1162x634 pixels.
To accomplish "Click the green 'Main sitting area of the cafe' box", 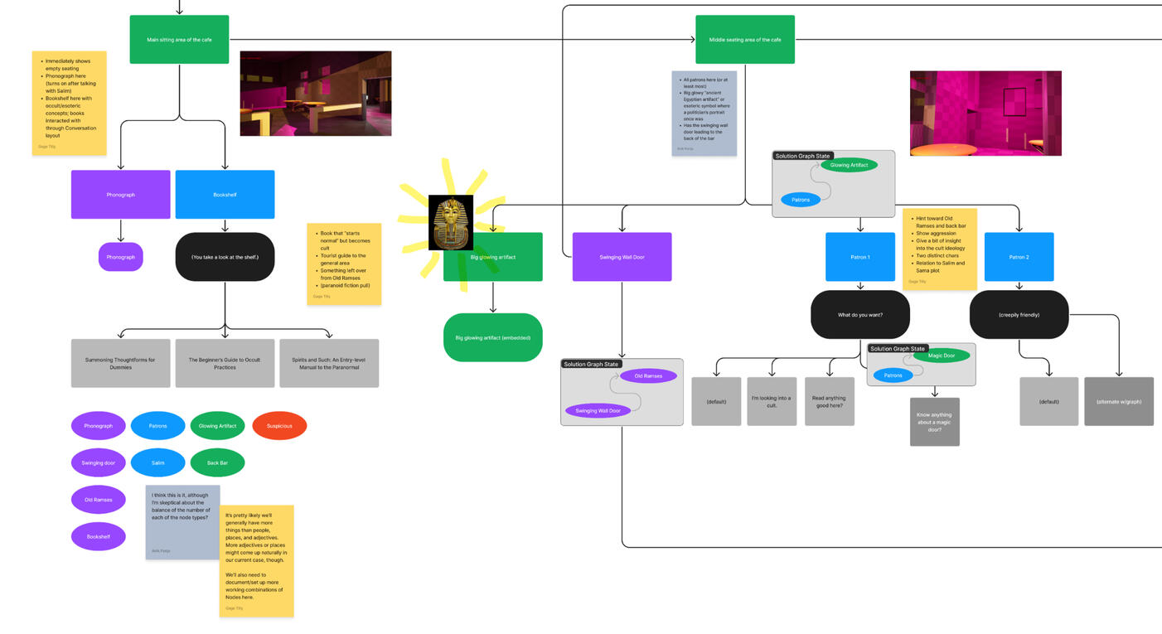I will click(x=179, y=39).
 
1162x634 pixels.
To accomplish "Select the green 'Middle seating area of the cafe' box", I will click(x=744, y=39).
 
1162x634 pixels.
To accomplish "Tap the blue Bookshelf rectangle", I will click(x=225, y=195).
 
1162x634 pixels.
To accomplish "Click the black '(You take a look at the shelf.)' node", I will click(x=225, y=257).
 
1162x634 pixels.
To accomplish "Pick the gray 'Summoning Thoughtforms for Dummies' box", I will click(x=120, y=363).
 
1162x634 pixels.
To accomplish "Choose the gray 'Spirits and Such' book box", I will click(x=329, y=363).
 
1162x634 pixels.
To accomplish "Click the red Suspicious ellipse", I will click(x=279, y=426).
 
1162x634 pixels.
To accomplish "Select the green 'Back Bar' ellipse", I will click(x=217, y=462).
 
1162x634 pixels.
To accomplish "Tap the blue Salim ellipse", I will click(x=157, y=462).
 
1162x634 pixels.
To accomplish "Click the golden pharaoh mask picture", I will click(x=451, y=222).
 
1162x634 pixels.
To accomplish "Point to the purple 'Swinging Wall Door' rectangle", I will click(x=622, y=257).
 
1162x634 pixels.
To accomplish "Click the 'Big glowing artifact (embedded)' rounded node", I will click(x=492, y=337).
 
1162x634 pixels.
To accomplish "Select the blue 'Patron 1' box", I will click(x=859, y=257).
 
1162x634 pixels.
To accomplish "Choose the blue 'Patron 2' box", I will click(x=1019, y=257).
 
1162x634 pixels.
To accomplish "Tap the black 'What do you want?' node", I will click(x=859, y=314).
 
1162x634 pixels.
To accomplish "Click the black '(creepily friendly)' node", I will click(x=1019, y=314).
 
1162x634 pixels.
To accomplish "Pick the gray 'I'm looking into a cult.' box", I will click(x=771, y=401).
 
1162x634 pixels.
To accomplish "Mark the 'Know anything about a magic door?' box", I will click(x=934, y=422).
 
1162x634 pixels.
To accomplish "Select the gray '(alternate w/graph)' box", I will click(x=1118, y=401).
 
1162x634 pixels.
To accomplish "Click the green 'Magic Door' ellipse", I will click(x=942, y=356).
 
